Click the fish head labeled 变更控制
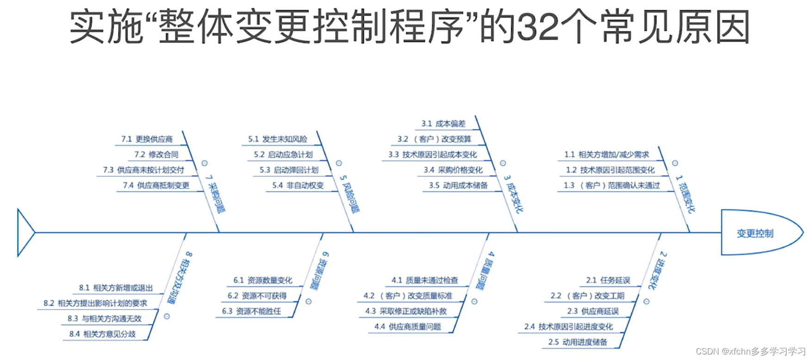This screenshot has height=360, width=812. coord(756,233)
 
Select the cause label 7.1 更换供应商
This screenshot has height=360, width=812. coord(147,139)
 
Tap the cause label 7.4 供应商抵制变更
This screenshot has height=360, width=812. coord(156,185)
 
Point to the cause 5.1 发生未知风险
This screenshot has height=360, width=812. coord(278,139)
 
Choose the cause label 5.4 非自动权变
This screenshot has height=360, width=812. coord(298,185)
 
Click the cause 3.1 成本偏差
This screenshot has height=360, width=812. coord(443,124)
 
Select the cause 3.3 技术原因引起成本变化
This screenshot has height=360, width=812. coord(433,155)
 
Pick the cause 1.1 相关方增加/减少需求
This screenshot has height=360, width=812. coord(607,155)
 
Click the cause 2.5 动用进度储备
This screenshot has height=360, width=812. coord(578,342)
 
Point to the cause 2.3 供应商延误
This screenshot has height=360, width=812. coord(593,311)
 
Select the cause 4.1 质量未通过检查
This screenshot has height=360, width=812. coord(425,280)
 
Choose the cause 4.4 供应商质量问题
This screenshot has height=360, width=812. coord(408,326)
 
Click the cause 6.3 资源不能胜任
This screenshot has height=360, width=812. coord(252,311)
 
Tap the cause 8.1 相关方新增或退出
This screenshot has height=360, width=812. coord(116,288)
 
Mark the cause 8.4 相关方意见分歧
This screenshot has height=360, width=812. coord(103,334)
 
